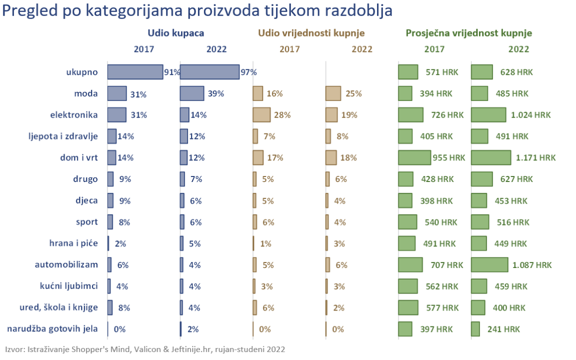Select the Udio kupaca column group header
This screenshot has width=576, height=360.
click(x=175, y=33)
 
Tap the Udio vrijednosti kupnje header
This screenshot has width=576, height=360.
click(x=311, y=33)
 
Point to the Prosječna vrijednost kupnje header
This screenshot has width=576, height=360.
click(x=468, y=33)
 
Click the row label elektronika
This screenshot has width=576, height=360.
click(x=74, y=115)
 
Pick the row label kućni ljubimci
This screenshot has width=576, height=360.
click(x=68, y=286)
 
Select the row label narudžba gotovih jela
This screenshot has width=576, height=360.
click(x=52, y=329)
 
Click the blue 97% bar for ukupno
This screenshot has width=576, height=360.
click(x=209, y=72)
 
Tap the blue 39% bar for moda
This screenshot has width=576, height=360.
click(x=192, y=93)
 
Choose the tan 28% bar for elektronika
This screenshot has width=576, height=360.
click(x=261, y=115)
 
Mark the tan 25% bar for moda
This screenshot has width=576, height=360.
click(x=333, y=93)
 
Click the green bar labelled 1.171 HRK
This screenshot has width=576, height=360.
click(x=491, y=157)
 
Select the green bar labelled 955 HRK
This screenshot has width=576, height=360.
click(x=414, y=157)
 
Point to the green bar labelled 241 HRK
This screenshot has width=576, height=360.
click(x=475, y=329)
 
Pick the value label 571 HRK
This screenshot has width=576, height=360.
click(x=439, y=72)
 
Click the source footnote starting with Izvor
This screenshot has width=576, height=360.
click(x=145, y=349)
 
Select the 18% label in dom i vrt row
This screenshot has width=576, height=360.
click(x=348, y=157)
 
